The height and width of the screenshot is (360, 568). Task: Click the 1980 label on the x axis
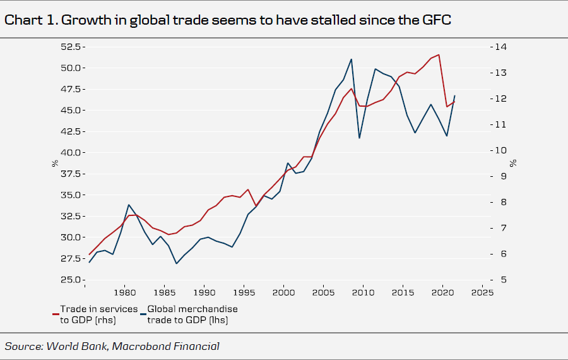124,293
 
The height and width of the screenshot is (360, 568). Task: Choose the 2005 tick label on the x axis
323,293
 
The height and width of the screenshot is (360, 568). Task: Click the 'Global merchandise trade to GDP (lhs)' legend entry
192,315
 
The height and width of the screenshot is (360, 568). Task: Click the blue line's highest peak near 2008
351,59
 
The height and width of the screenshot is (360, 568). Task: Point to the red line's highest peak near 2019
439,54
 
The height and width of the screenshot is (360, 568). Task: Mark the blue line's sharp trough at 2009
359,138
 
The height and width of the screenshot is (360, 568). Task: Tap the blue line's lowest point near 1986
176,263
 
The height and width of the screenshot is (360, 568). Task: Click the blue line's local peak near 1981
129,205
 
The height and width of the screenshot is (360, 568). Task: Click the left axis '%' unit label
56,163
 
